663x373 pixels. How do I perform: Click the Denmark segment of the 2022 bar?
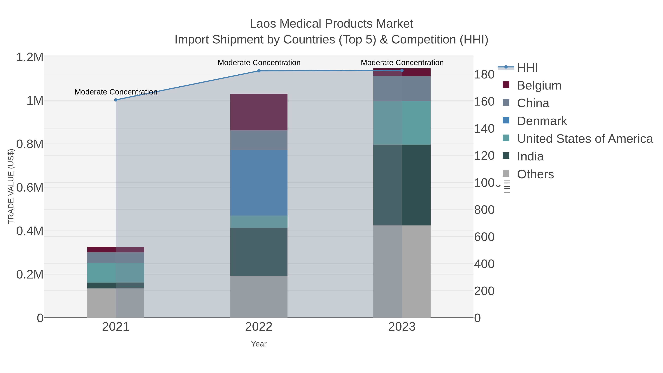click(259, 183)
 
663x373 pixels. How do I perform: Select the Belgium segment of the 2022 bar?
click(259, 112)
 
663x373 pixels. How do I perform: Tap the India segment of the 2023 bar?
click(402, 185)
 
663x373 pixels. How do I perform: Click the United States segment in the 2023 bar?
click(402, 123)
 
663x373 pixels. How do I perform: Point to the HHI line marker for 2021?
click(116, 100)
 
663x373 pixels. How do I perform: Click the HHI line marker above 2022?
click(259, 71)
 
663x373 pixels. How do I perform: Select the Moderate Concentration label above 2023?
click(402, 63)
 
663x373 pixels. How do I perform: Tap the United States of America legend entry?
click(585, 139)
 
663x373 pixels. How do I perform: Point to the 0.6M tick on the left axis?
click(30, 187)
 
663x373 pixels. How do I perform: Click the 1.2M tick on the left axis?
click(30, 57)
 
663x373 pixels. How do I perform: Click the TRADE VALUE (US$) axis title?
click(11, 186)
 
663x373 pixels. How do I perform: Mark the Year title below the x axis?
click(259, 344)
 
